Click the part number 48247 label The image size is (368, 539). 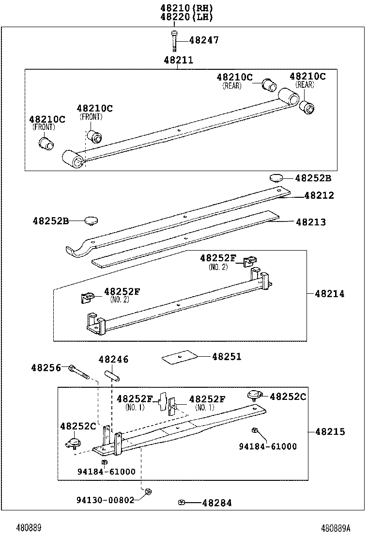coord(203,40)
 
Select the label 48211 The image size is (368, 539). coord(178,60)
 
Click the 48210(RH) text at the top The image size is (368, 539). coord(186,8)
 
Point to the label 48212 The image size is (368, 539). coord(319,196)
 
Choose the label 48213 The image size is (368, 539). coord(311,222)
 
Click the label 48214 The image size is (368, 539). coord(329,294)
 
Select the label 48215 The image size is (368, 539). coord(330,431)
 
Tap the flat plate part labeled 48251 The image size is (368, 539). coord(179,357)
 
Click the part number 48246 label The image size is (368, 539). coord(113,359)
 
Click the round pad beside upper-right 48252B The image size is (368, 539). coord(276,177)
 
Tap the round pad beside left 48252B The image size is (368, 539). coord(91,221)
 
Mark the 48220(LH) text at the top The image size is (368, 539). coord(186,17)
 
